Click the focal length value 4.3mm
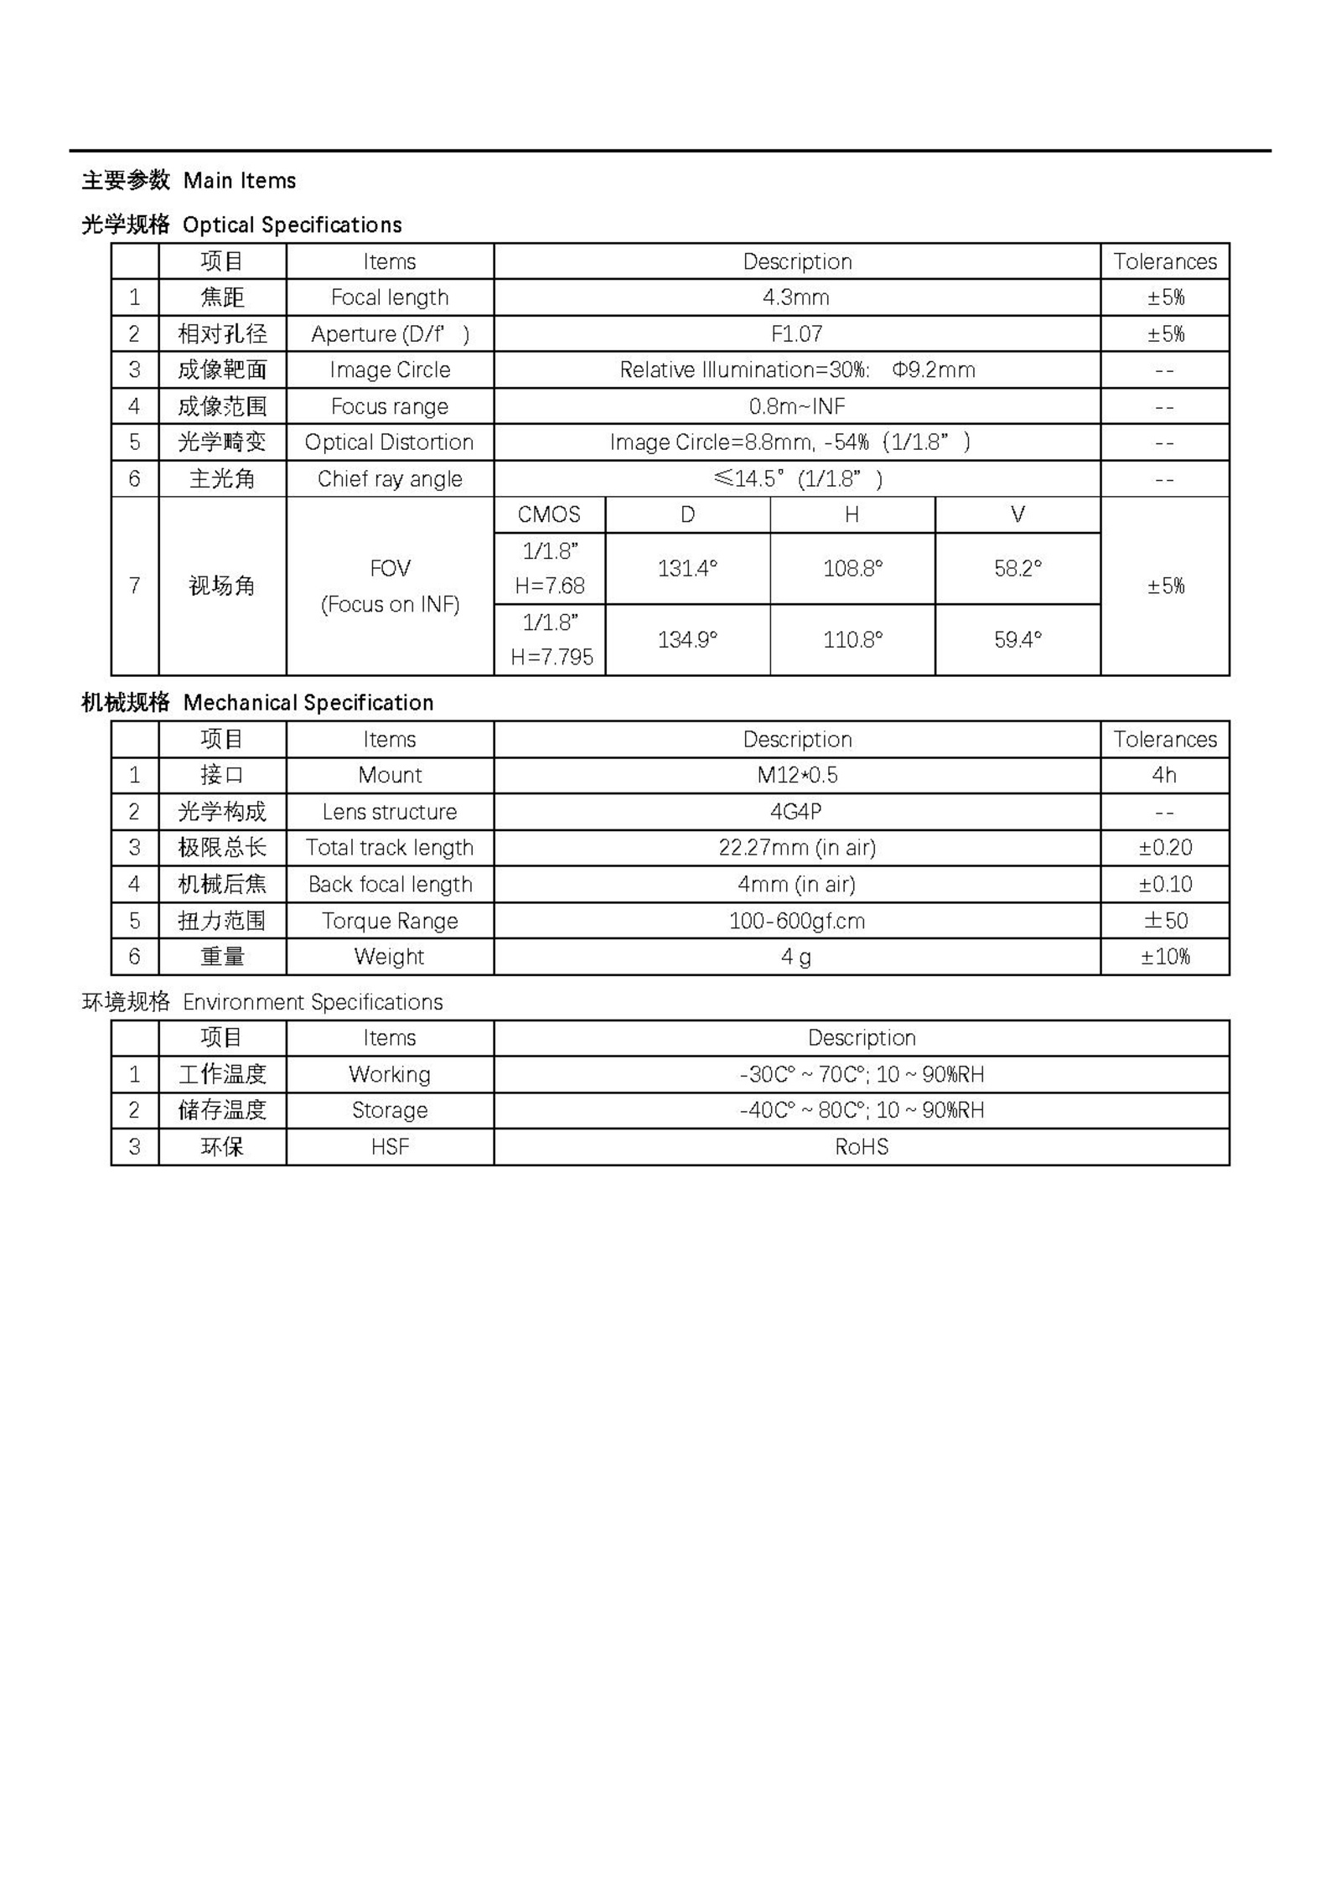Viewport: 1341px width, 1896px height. coord(795,297)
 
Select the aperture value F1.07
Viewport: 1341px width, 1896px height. coord(796,333)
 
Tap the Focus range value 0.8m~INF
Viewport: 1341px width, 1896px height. coord(796,406)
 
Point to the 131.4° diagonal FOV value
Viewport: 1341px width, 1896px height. coord(687,569)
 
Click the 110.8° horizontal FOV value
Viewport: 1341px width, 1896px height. coord(852,640)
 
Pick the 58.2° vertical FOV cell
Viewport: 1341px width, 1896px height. coord(1017,569)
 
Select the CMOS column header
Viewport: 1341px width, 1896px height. coord(549,514)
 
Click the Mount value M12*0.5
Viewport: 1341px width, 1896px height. coord(796,775)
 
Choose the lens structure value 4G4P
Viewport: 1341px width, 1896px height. coord(795,812)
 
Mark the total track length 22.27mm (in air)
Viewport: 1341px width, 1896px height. coord(796,848)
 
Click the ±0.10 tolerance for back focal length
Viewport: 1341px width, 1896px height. coord(1165,884)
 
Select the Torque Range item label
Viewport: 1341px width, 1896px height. coord(390,921)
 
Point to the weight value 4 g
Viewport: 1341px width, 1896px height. coord(795,957)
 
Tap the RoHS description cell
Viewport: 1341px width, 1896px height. coord(861,1147)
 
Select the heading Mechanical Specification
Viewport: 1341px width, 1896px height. coord(308,702)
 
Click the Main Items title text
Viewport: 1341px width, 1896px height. coord(239,180)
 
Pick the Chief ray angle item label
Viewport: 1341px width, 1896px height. coord(390,478)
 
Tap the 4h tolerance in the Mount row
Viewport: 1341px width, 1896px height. coord(1164,775)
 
